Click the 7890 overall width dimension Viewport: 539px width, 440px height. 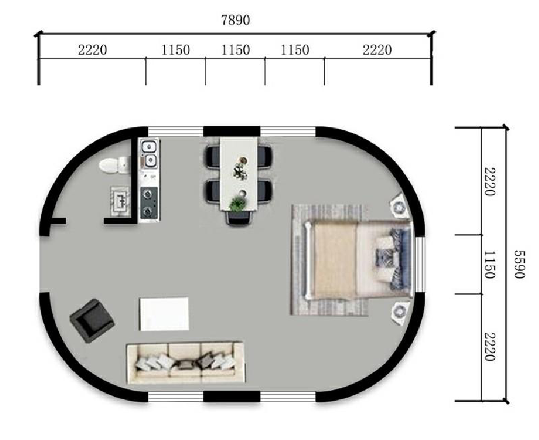(236, 20)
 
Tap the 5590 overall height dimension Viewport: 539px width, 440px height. (520, 264)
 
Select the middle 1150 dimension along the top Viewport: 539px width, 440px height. (236, 50)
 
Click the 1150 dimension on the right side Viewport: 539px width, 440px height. (490, 264)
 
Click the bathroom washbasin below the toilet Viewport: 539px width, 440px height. (120, 202)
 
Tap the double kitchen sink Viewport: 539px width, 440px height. (149, 155)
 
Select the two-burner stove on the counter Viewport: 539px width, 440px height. (149, 203)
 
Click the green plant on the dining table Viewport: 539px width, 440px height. (237, 203)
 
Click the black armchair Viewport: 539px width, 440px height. (92, 321)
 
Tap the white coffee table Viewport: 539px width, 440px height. (164, 314)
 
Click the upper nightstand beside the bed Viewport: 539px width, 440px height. (400, 206)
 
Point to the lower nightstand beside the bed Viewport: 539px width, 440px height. (400, 313)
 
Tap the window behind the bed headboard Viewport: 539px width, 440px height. (420, 264)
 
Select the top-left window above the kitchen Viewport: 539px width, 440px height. (176, 131)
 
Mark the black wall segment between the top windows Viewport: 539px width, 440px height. (232, 131)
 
